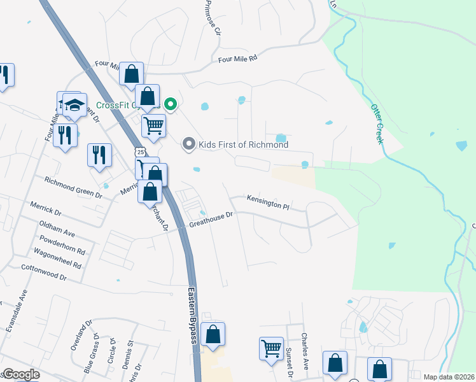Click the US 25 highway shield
pyautogui.click(x=140, y=152)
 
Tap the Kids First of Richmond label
pyautogui.click(x=244, y=145)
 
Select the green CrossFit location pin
pyautogui.click(x=171, y=104)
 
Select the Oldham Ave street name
pyautogui.click(x=59, y=229)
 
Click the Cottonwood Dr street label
pyautogui.click(x=44, y=273)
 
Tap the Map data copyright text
pyautogui.click(x=449, y=377)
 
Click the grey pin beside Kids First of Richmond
pyautogui.click(x=188, y=145)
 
